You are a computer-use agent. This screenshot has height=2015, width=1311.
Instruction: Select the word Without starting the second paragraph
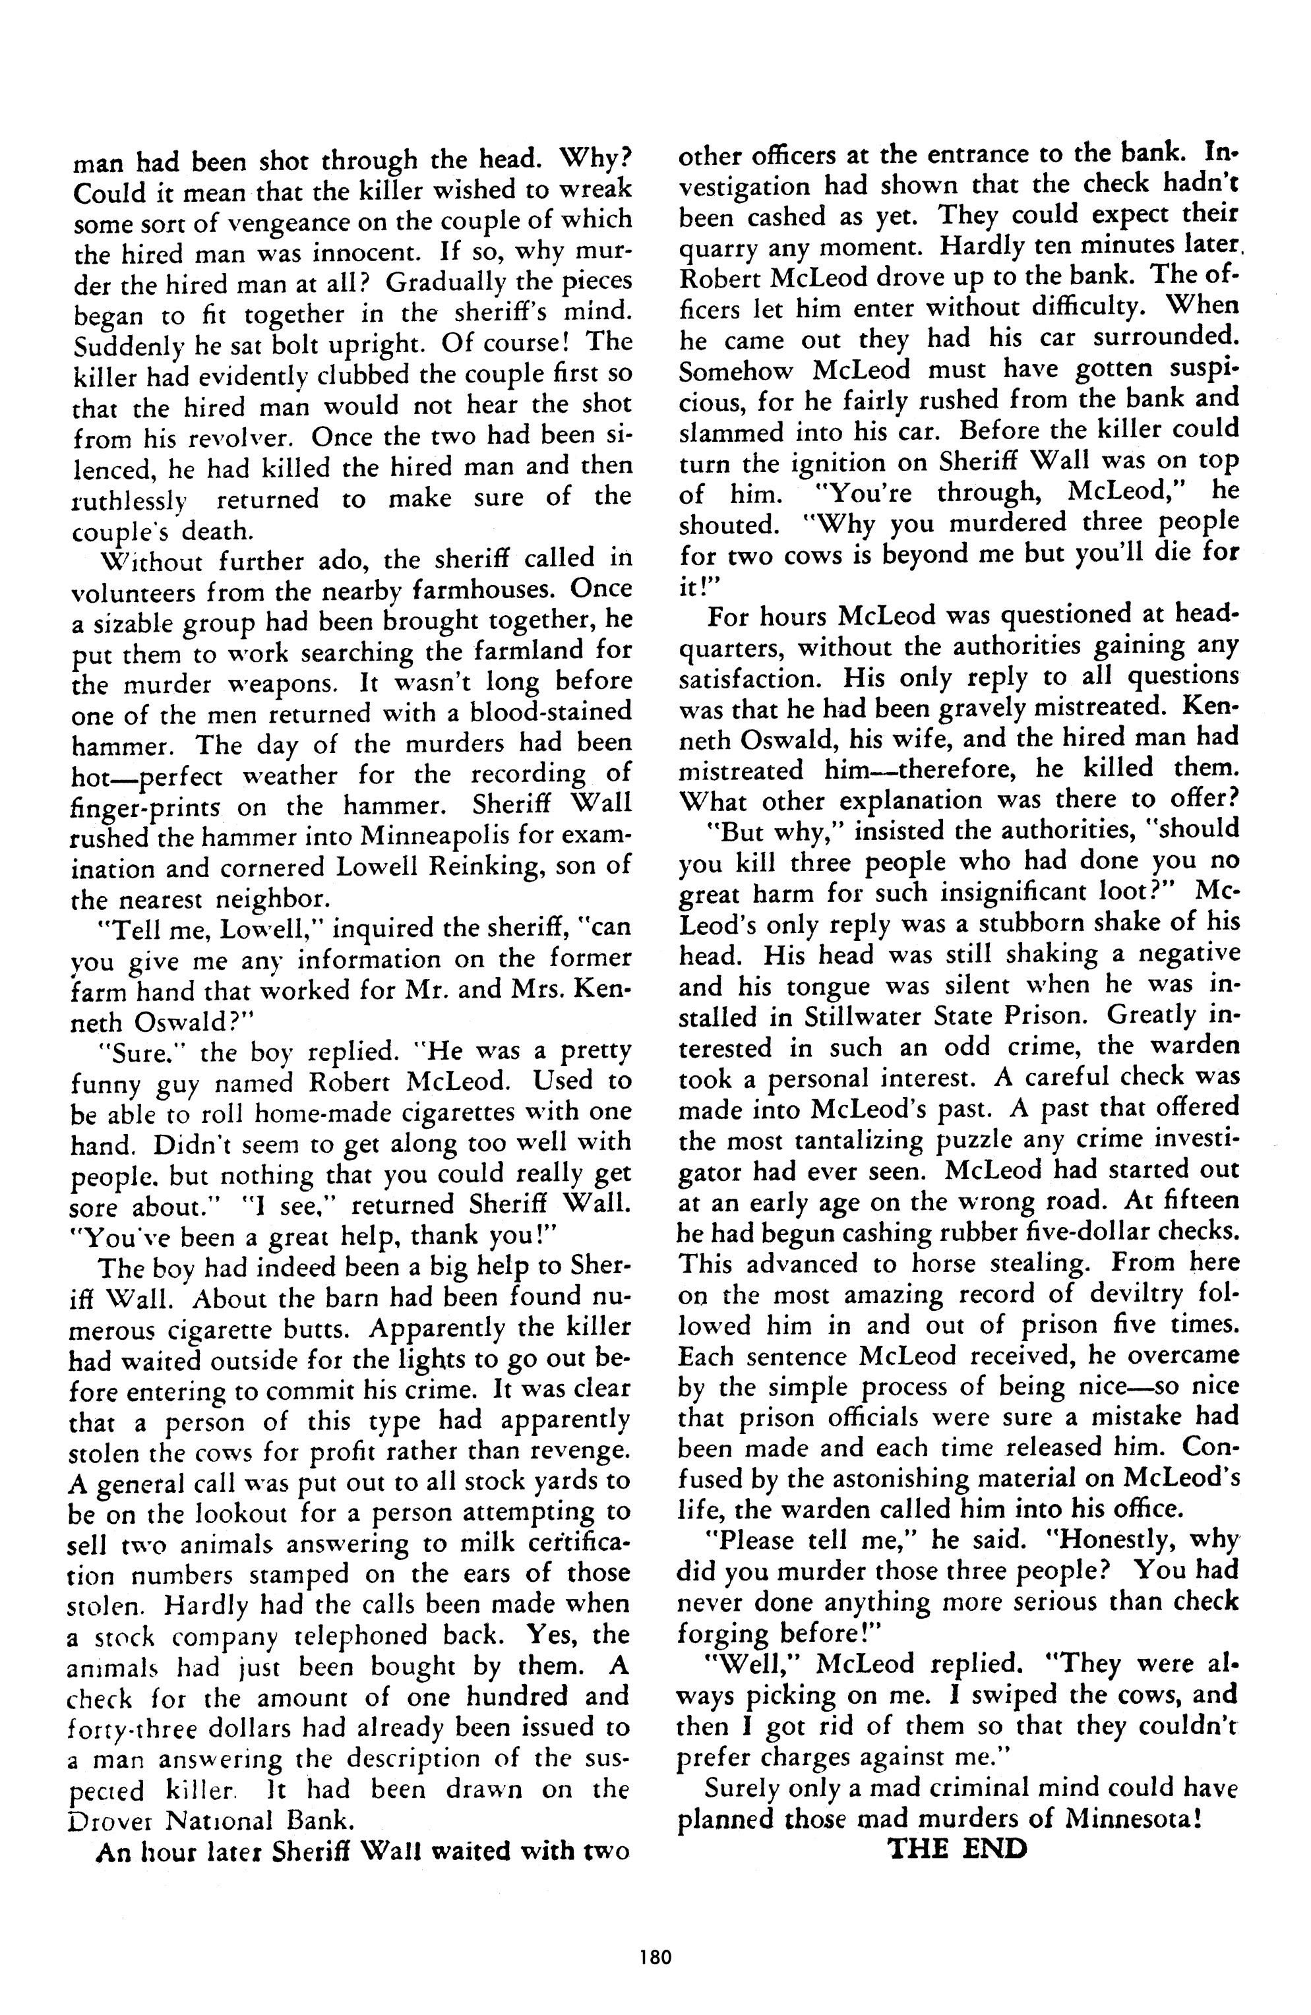click(x=152, y=560)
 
